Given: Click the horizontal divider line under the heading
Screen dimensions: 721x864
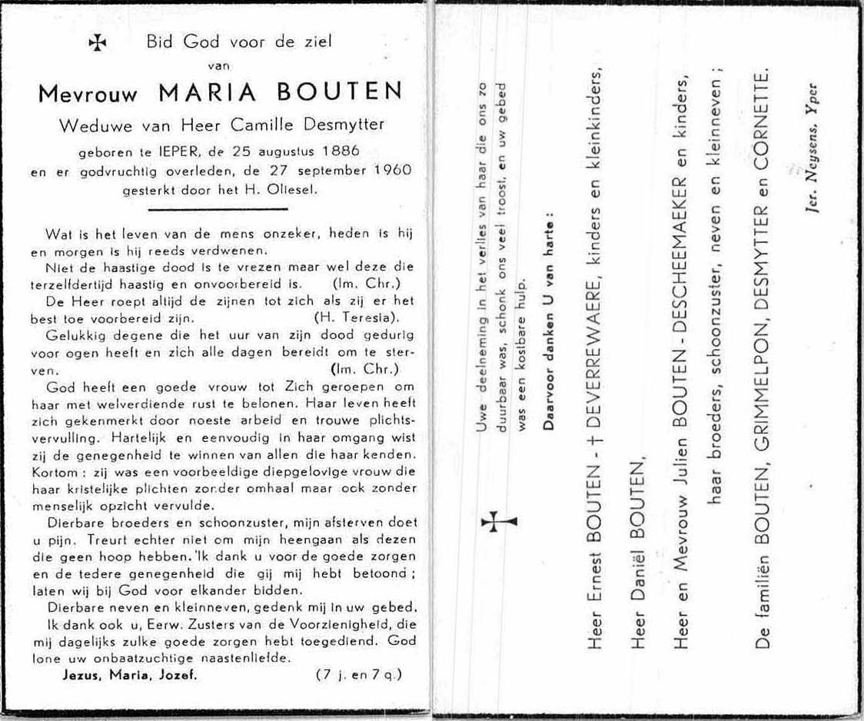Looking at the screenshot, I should [x=218, y=208].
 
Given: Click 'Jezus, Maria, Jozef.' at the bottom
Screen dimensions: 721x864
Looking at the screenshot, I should [x=130, y=676].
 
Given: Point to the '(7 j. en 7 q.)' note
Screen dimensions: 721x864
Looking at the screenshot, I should [x=358, y=676].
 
